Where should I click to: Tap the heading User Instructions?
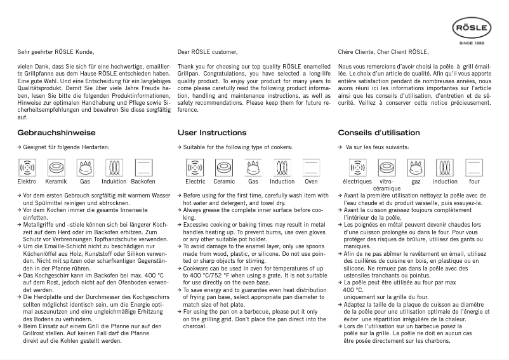212,133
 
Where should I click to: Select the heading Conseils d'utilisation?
379,133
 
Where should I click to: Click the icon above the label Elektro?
27,167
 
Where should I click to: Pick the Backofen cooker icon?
143,167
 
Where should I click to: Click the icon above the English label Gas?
253,167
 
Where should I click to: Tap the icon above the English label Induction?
282,167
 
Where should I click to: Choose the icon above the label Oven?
311,167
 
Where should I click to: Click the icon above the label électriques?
356,167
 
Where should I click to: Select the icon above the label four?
474,167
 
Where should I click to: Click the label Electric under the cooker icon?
195,182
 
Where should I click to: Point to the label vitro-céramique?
386,185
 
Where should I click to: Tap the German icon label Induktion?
115,182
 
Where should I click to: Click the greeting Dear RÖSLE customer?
208,51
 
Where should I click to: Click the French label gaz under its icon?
416,182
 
